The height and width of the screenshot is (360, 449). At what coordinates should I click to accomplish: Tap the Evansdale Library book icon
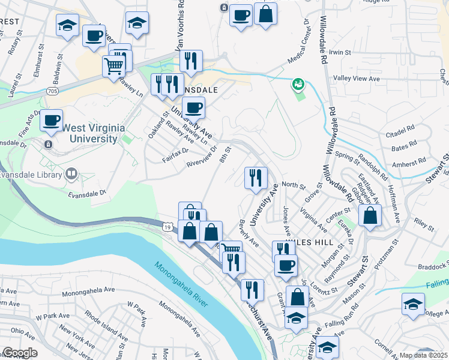coord(71,175)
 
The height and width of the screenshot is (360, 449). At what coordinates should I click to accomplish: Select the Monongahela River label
coord(181,284)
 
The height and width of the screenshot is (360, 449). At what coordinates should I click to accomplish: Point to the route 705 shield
coord(52,91)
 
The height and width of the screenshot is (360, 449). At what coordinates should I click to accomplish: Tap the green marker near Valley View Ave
coord(297,85)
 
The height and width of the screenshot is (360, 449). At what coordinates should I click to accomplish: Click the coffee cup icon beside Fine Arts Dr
coord(52,120)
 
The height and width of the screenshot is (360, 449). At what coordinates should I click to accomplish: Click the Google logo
coord(20,353)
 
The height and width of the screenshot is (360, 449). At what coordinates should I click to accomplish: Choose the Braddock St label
coord(433,265)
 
